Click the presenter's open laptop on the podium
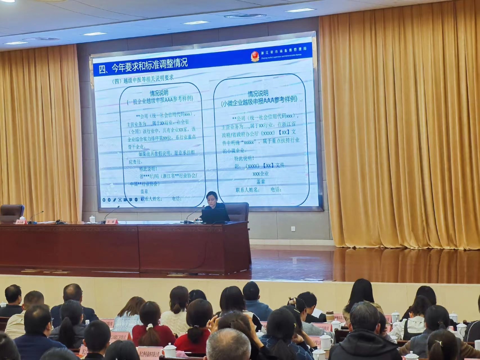click(x=215, y=216)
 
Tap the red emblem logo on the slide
click(x=255, y=56)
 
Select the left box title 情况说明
click(x=159, y=93)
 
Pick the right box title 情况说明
click(x=256, y=94)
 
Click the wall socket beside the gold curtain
click(x=293, y=229)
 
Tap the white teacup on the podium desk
click(x=92, y=219)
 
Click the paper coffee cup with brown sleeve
click(x=330, y=316)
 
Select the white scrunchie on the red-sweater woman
click(x=150, y=327)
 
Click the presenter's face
click(x=211, y=198)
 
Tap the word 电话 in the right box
click(x=275, y=189)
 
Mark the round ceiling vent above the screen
click(x=245, y=16)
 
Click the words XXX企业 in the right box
click(x=260, y=173)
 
